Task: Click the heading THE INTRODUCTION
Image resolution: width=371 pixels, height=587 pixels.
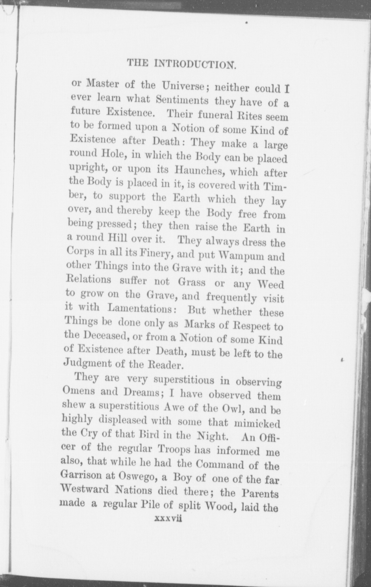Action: (x=181, y=63)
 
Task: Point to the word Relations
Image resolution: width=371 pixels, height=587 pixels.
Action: (x=88, y=279)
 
